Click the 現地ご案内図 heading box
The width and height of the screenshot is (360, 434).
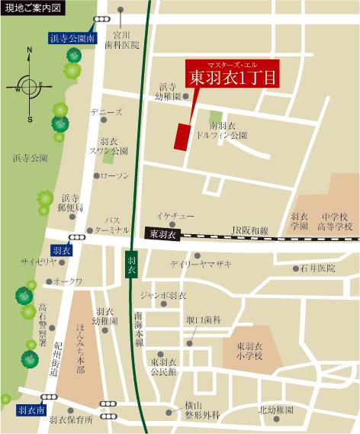tap(34, 8)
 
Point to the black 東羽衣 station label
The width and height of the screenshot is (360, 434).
tap(162, 233)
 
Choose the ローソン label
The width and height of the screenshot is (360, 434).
tap(115, 175)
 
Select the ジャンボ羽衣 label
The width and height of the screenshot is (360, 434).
tap(163, 295)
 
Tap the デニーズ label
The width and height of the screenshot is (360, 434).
tap(106, 112)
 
